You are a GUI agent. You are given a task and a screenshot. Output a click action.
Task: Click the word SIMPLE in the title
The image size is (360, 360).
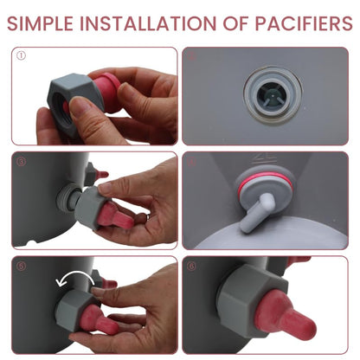tap(40, 23)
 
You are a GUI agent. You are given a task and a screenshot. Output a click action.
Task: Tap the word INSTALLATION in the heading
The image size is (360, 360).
tap(148, 23)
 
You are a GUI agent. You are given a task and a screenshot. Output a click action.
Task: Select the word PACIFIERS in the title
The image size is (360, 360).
tap(304, 23)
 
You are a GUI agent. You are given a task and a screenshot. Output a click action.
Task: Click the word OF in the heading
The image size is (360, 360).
tap(235, 23)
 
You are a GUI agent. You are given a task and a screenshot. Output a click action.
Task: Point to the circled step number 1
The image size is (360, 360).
tap(21, 55)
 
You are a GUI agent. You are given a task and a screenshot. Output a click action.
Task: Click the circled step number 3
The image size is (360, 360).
tap(22, 162)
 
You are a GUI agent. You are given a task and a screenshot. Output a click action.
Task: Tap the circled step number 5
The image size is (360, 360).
tap(22, 266)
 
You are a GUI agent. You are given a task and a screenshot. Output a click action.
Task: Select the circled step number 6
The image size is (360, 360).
tap(191, 266)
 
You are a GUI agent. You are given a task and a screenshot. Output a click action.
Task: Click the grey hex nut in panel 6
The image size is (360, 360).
tap(251, 301)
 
